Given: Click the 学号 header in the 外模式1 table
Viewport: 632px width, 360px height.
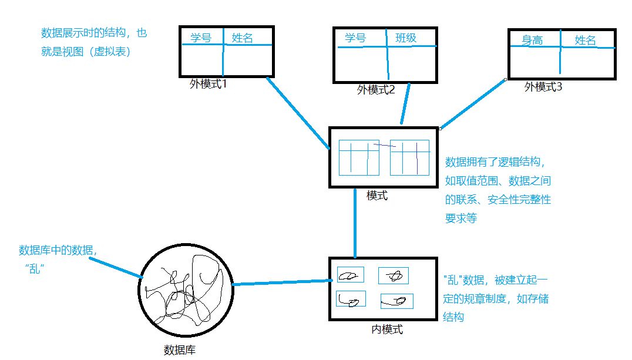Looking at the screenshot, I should coord(201,38).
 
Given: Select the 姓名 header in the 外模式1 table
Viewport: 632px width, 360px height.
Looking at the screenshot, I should coord(243,38).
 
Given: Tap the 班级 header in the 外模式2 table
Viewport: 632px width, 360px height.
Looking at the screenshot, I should coord(406,38).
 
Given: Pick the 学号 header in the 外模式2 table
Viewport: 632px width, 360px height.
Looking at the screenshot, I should coord(355,38).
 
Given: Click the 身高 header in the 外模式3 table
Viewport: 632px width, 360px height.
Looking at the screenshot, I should coord(532,41).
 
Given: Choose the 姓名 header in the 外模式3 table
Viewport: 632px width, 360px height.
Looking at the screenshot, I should coord(585,40).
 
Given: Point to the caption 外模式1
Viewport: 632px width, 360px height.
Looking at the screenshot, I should coord(208,84).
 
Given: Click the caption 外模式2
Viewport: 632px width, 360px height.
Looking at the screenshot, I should coord(376,90).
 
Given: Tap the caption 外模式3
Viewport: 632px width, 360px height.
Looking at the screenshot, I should coord(543,87).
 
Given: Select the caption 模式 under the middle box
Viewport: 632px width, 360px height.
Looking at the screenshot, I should coord(377,196).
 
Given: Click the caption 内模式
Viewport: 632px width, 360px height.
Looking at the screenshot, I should coord(387,329).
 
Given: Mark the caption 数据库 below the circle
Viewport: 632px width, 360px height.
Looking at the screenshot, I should coord(179,351).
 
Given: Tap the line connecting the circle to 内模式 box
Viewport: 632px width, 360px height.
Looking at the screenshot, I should coord(280,283).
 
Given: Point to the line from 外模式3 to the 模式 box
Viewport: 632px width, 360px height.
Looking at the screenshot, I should coord(473,104).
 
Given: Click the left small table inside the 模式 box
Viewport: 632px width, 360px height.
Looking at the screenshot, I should coord(359,157).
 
